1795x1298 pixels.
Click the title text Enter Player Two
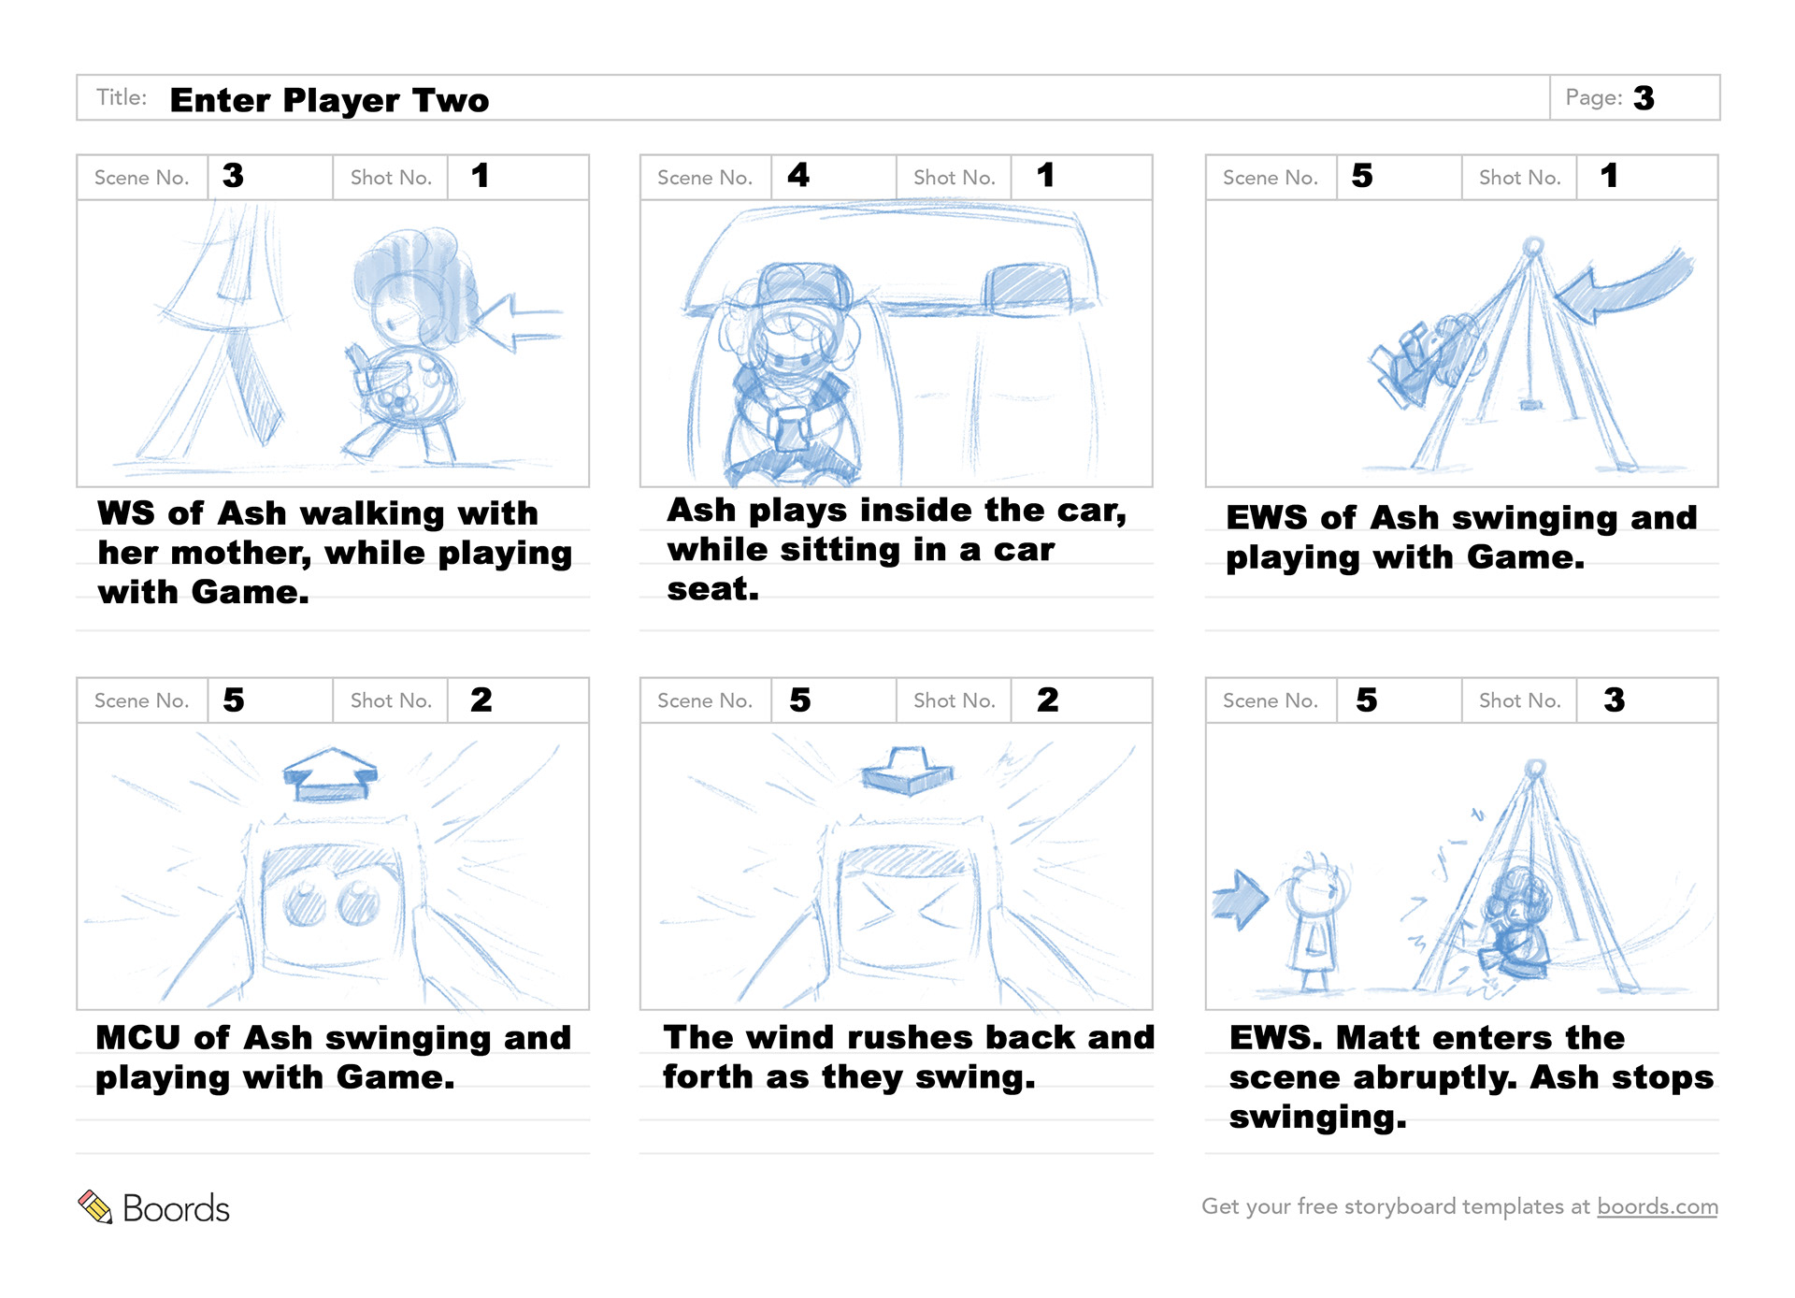pyautogui.click(x=329, y=100)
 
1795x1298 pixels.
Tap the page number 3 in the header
pyautogui.click(x=1644, y=98)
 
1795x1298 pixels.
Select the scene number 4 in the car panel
pyautogui.click(x=797, y=175)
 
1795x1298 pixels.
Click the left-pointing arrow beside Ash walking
pyautogui.click(x=519, y=323)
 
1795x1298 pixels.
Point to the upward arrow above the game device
pyautogui.click(x=330, y=774)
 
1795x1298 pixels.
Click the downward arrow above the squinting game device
pyautogui.click(x=908, y=772)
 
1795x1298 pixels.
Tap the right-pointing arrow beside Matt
pyautogui.click(x=1240, y=899)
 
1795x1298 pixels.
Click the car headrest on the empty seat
pyautogui.click(x=1027, y=284)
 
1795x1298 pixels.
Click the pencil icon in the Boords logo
pyautogui.click(x=94, y=1206)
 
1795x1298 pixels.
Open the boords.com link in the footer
pyautogui.click(x=1657, y=1206)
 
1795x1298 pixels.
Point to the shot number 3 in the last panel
pyautogui.click(x=1614, y=699)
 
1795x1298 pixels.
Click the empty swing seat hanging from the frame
pyautogui.click(x=1530, y=404)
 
